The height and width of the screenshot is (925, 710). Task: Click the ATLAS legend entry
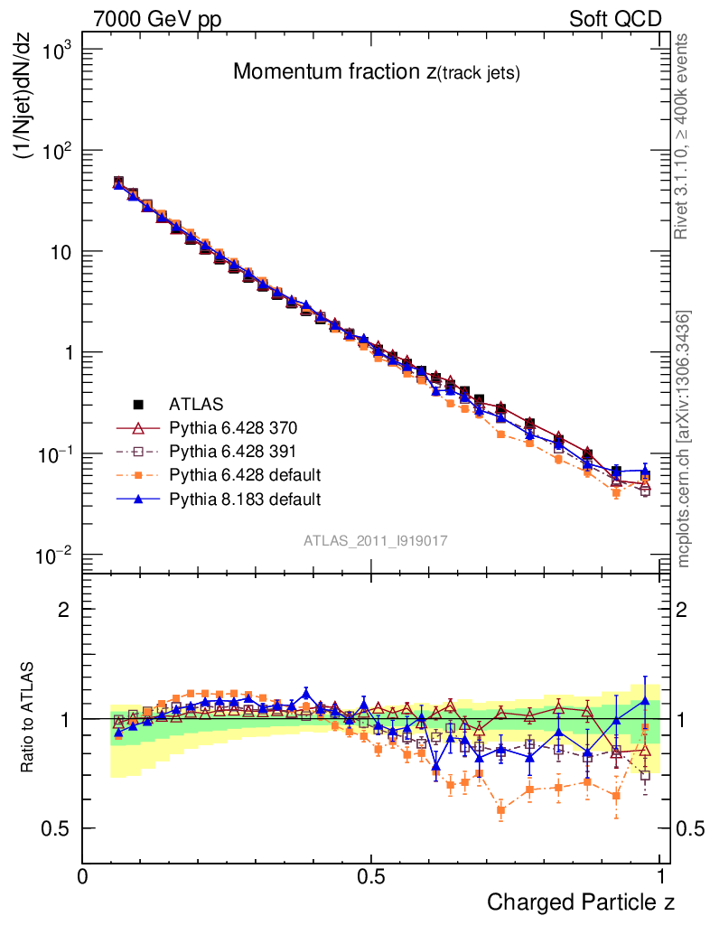[196, 403]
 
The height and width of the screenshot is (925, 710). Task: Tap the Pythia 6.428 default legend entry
[244, 474]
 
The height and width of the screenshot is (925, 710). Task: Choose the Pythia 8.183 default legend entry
[244, 498]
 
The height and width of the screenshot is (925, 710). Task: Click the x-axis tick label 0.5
[371, 875]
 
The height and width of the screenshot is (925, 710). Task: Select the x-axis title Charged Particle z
[580, 902]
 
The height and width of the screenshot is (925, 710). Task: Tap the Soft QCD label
[615, 19]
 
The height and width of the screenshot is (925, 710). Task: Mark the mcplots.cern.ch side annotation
[684, 438]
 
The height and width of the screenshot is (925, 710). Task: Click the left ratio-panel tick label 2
[64, 609]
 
